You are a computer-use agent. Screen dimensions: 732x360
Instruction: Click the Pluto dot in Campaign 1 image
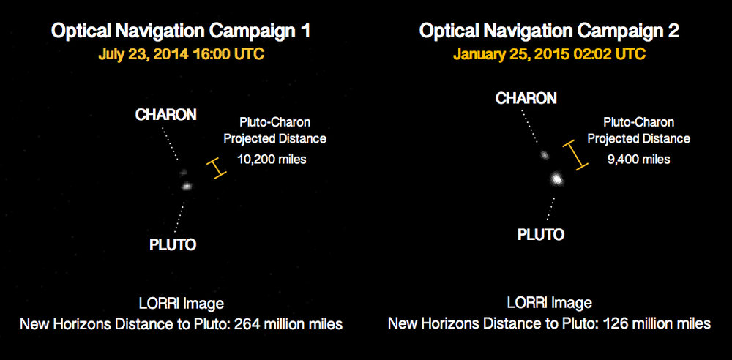pyautogui.click(x=187, y=186)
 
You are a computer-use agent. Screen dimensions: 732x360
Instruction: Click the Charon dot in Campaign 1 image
pyautogui.click(x=182, y=172)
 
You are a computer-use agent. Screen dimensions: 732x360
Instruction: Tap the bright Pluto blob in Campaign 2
pyautogui.click(x=556, y=179)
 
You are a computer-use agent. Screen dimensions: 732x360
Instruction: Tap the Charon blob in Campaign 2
pyautogui.click(x=544, y=155)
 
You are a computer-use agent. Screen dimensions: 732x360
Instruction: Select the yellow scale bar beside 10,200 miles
pyautogui.click(x=216, y=168)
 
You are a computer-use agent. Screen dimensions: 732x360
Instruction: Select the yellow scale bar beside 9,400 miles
pyautogui.click(x=575, y=154)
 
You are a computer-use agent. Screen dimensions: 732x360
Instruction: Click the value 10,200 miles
pyautogui.click(x=272, y=160)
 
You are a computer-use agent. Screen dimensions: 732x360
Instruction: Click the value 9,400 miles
pyautogui.click(x=638, y=160)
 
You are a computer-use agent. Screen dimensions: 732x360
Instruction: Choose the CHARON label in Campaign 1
pyautogui.click(x=165, y=115)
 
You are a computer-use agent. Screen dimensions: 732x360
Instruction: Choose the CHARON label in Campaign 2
pyautogui.click(x=526, y=98)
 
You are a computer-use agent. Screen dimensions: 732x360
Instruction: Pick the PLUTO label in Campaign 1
pyautogui.click(x=173, y=244)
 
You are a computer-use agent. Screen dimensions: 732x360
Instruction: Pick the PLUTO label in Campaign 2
pyautogui.click(x=541, y=234)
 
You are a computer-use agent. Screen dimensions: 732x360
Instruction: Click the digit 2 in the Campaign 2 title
pyautogui.click(x=673, y=31)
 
